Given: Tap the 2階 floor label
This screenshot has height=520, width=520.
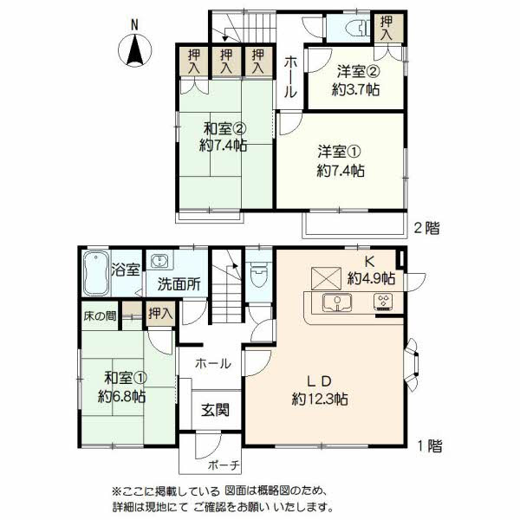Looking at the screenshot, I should coord(426,230).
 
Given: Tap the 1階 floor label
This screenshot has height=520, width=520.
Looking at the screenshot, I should coord(428,447).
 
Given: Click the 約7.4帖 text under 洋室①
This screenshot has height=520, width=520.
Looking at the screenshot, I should coord(340,171).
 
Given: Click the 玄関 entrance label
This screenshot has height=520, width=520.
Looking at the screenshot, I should coord(216,409).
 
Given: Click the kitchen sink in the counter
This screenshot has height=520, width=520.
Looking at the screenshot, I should coord(335,302).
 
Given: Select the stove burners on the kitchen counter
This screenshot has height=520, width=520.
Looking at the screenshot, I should coord(382,302).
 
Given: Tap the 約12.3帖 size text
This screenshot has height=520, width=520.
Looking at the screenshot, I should coord(319,400).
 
